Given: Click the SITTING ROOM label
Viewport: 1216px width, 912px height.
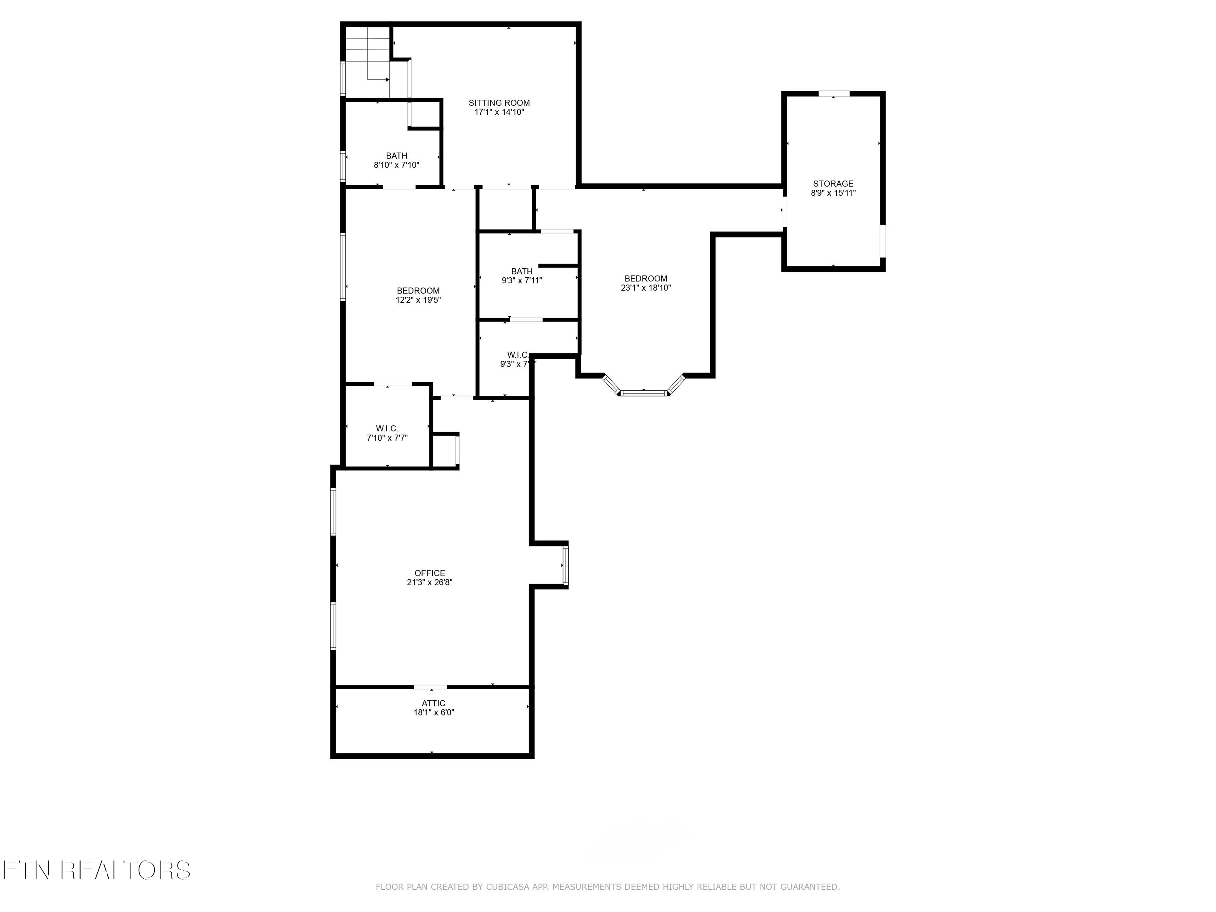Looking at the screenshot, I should (499, 103).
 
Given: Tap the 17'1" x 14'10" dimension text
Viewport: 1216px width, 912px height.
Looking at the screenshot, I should (499, 112).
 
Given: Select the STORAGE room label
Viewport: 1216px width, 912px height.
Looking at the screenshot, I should (833, 184).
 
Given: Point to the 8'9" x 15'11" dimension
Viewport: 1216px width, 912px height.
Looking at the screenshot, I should (833, 193).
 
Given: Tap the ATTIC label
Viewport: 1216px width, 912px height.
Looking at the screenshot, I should (433, 703).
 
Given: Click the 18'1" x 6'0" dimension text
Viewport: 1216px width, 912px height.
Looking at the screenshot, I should (433, 713).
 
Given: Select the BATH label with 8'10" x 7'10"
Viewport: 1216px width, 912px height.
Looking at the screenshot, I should (396, 156).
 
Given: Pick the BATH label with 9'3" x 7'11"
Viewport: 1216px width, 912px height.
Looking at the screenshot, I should (521, 271).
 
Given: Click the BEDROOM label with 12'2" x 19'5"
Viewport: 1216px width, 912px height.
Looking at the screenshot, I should (418, 291).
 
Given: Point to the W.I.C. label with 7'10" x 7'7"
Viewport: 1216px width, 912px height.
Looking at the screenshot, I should (387, 428).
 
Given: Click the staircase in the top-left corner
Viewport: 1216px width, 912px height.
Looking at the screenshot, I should (367, 60).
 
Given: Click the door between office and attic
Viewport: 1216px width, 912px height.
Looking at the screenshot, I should (430, 687).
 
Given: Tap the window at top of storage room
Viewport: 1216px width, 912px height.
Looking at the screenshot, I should (833, 94).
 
